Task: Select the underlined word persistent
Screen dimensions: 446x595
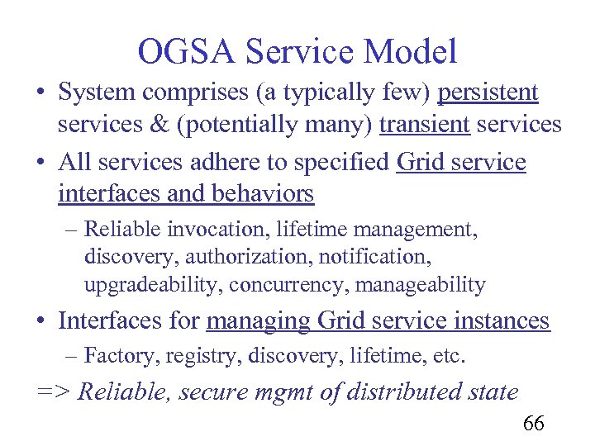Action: [x=488, y=93]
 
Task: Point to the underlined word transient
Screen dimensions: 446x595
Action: [x=424, y=126]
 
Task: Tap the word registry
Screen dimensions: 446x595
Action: [x=194, y=357]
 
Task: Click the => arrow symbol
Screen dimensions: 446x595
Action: [x=54, y=391]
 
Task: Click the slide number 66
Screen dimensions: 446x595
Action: [x=533, y=425]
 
